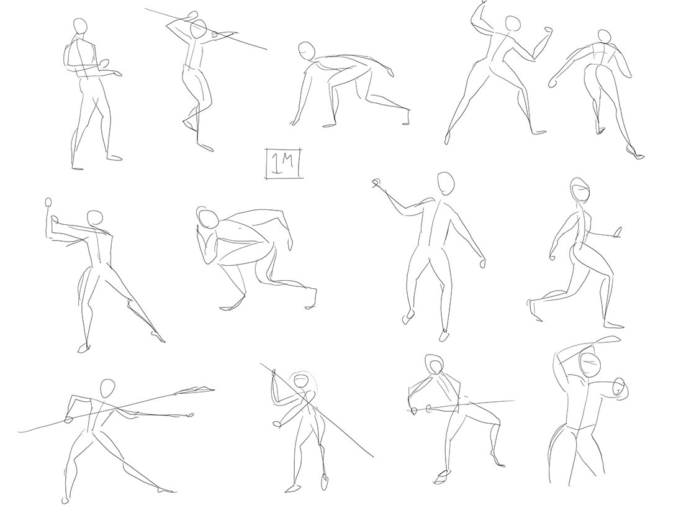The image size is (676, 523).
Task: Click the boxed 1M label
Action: coord(284,163)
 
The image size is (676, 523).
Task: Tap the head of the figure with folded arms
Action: coord(79,26)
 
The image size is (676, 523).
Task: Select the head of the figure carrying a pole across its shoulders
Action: coord(199,29)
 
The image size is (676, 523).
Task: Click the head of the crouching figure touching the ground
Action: coord(307,51)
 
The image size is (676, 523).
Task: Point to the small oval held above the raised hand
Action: coord(48,203)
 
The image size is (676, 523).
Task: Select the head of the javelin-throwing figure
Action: coord(107,388)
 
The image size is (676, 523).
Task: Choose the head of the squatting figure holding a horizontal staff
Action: coord(434,364)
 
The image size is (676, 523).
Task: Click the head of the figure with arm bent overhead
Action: coord(590,363)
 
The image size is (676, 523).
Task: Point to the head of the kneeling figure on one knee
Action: coord(580,190)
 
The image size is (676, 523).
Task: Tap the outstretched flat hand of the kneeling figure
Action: coord(618,233)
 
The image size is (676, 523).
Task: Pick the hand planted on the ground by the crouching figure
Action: coord(295,120)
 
